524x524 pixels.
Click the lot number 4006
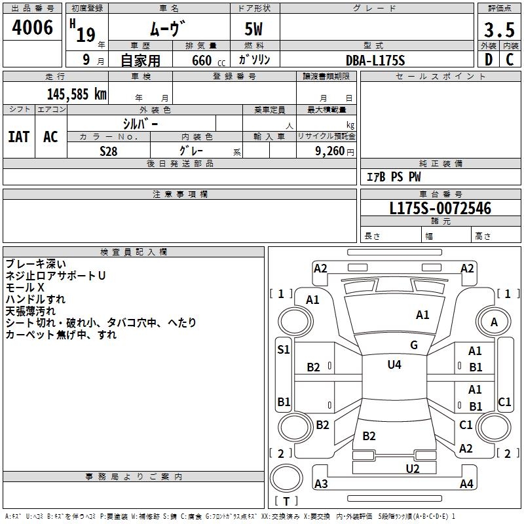point(33,28)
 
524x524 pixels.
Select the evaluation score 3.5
point(498,29)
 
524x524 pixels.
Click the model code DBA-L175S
point(375,60)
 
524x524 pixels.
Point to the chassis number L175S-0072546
point(440,209)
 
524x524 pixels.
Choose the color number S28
point(109,151)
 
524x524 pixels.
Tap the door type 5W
point(254,29)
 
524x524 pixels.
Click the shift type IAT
point(18,136)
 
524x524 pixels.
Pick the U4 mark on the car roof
point(394,364)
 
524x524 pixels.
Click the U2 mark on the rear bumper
point(412,468)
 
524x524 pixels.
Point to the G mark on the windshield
point(414,345)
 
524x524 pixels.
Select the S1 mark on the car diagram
point(283,350)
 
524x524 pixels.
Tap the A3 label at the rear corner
point(321,484)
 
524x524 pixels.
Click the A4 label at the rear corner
point(466,484)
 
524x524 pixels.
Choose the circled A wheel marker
point(494,322)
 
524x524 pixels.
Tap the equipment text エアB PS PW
point(393,177)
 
